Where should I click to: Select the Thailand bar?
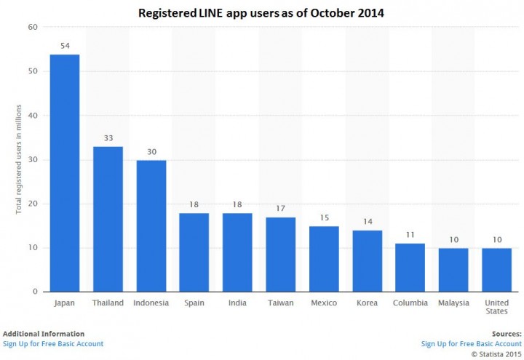pyautogui.click(x=108, y=219)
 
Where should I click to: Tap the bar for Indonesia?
pyautogui.click(x=151, y=225)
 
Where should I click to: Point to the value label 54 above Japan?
pyautogui.click(x=64, y=46)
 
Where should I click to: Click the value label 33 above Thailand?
pyautogui.click(x=108, y=138)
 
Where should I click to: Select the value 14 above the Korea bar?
pyautogui.click(x=367, y=222)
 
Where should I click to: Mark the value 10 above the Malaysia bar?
pyautogui.click(x=453, y=239)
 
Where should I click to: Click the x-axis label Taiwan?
pyautogui.click(x=280, y=302)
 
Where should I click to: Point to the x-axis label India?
pyautogui.click(x=237, y=302)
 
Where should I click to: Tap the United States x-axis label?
pyautogui.click(x=496, y=306)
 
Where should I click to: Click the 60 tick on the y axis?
pyautogui.click(x=33, y=28)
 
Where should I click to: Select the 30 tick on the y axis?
pyautogui.click(x=33, y=160)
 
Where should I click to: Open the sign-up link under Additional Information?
pyautogui.click(x=53, y=344)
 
